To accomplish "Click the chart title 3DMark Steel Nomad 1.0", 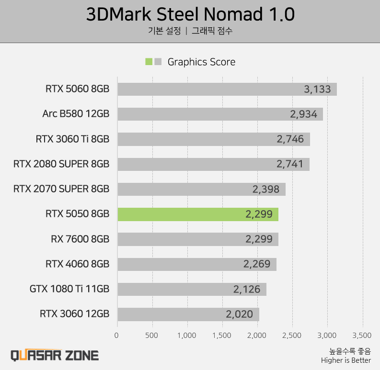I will [190, 14].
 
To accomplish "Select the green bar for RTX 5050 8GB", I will [197, 214].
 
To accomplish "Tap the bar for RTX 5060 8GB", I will [227, 90].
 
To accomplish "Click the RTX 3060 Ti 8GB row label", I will [72, 139].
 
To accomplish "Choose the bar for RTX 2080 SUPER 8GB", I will [213, 164].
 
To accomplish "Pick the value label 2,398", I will [265, 189].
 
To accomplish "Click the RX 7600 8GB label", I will [80, 239].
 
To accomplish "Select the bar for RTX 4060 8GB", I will [196, 264].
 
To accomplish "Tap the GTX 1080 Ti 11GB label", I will [69, 289].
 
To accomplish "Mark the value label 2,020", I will [239, 314].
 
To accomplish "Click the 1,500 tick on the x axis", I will [222, 335].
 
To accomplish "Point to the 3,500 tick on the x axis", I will [362, 335].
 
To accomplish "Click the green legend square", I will [149, 62].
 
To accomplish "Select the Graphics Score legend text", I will [201, 62].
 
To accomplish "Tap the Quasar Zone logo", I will [55, 355].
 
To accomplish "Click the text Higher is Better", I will [346, 360].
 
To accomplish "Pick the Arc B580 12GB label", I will [76, 114].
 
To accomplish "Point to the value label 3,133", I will [317, 90].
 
